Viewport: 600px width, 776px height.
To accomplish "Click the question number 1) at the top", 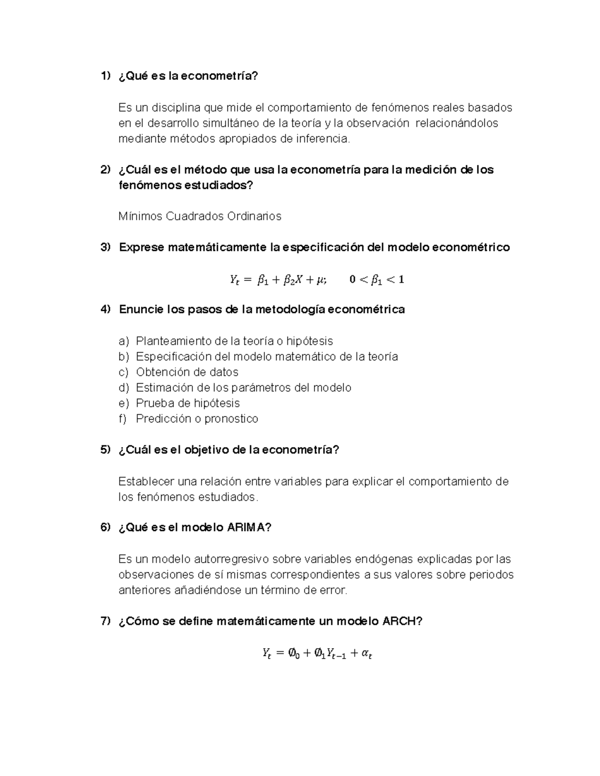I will tap(105, 76).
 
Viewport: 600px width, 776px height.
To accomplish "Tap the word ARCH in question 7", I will tap(402, 621).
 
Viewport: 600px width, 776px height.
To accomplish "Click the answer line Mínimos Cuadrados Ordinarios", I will tap(200, 216).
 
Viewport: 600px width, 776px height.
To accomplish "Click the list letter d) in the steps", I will tap(123, 388).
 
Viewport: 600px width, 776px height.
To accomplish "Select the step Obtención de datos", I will tap(187, 372).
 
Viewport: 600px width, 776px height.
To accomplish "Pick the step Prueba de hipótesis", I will tap(188, 403).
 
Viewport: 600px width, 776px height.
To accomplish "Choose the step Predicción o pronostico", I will tap(197, 419).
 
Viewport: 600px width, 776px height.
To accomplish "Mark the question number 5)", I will tap(105, 450).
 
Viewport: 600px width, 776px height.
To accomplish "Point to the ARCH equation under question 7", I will tap(317, 653).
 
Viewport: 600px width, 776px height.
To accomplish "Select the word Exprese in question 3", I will tap(141, 247).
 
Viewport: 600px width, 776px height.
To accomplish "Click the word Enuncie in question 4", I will tap(141, 310).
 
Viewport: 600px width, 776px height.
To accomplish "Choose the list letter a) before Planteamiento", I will tap(123, 341).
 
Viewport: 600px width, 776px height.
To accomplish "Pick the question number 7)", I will tap(105, 621).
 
